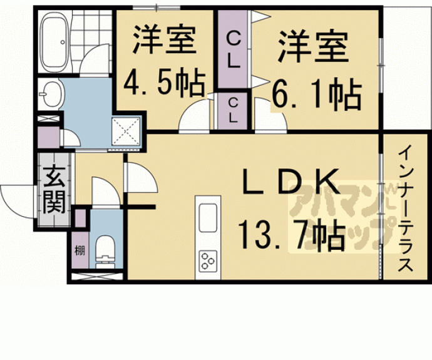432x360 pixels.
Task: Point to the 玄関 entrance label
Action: (53, 190)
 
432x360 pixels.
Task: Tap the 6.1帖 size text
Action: (316, 95)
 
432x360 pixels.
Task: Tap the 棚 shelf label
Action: (80, 252)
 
